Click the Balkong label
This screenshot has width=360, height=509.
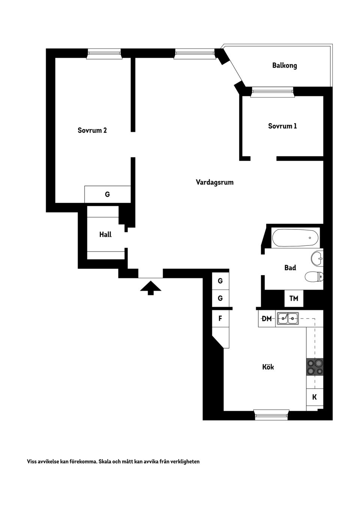[x=284, y=66]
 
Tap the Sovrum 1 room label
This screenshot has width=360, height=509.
[x=282, y=126]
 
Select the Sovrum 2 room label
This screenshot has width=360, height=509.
[x=92, y=130]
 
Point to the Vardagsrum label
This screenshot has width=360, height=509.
[x=214, y=183]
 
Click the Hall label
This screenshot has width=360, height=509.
[x=105, y=235]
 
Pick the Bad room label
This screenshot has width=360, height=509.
[x=290, y=268]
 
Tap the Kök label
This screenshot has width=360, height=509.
[x=268, y=367]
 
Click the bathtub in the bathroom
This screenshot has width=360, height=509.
[x=295, y=238]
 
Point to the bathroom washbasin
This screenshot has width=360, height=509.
[x=317, y=258]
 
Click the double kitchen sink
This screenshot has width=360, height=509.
[x=288, y=319]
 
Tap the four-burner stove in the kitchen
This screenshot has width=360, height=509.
[x=315, y=367]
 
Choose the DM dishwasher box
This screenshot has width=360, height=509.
[x=267, y=319]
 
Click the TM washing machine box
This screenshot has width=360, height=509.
[x=294, y=298]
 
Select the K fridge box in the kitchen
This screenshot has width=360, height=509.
[x=315, y=397]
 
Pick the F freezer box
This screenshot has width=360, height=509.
[x=220, y=319]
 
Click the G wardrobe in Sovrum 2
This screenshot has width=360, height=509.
[x=107, y=195]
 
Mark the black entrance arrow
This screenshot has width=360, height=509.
[x=151, y=287]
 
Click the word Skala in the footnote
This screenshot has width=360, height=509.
[x=106, y=461]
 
